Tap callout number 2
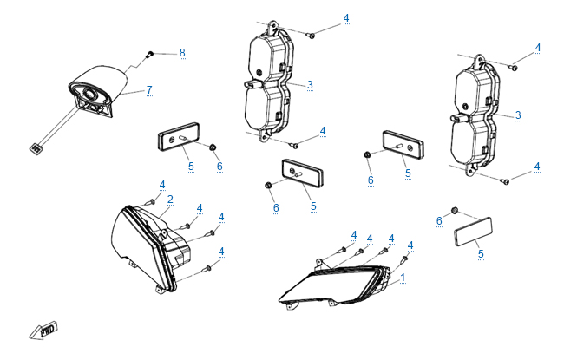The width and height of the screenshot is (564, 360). pos(170,200)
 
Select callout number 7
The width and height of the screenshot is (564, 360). pos(148,90)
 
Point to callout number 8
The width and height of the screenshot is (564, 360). pos(182,53)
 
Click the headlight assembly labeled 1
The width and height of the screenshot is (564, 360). pos(334,285)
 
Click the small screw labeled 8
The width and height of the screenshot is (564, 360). pos(152,54)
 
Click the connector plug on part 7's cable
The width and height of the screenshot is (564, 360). pos(35,148)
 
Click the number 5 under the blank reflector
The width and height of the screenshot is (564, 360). pos(481,254)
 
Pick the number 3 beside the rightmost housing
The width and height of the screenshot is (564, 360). pos(518,115)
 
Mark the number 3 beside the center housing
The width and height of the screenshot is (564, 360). pos(310,85)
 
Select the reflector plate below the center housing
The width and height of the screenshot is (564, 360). pos(300,173)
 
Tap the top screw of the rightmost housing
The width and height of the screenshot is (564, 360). pos(513,67)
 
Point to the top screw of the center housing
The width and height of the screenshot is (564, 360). pos(312,35)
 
